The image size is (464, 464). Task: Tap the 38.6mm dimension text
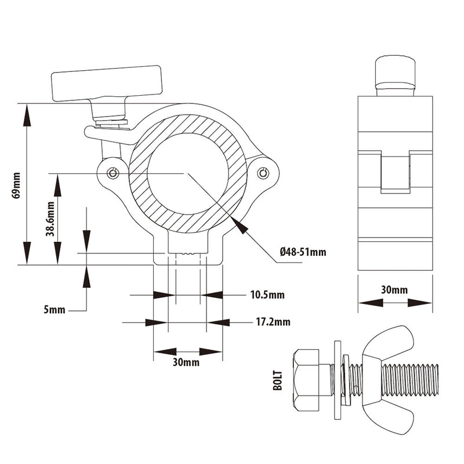coord(50,219)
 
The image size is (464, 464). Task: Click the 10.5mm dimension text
coord(267,295)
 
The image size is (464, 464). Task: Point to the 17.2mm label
coord(273,322)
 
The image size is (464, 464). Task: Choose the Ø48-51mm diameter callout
coord(302,252)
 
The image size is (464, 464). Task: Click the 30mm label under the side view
coord(395,289)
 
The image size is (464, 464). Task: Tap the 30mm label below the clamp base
coord(187,363)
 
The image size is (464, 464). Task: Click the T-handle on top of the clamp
coord(107,84)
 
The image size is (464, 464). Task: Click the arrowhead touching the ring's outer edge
coord(240,225)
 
